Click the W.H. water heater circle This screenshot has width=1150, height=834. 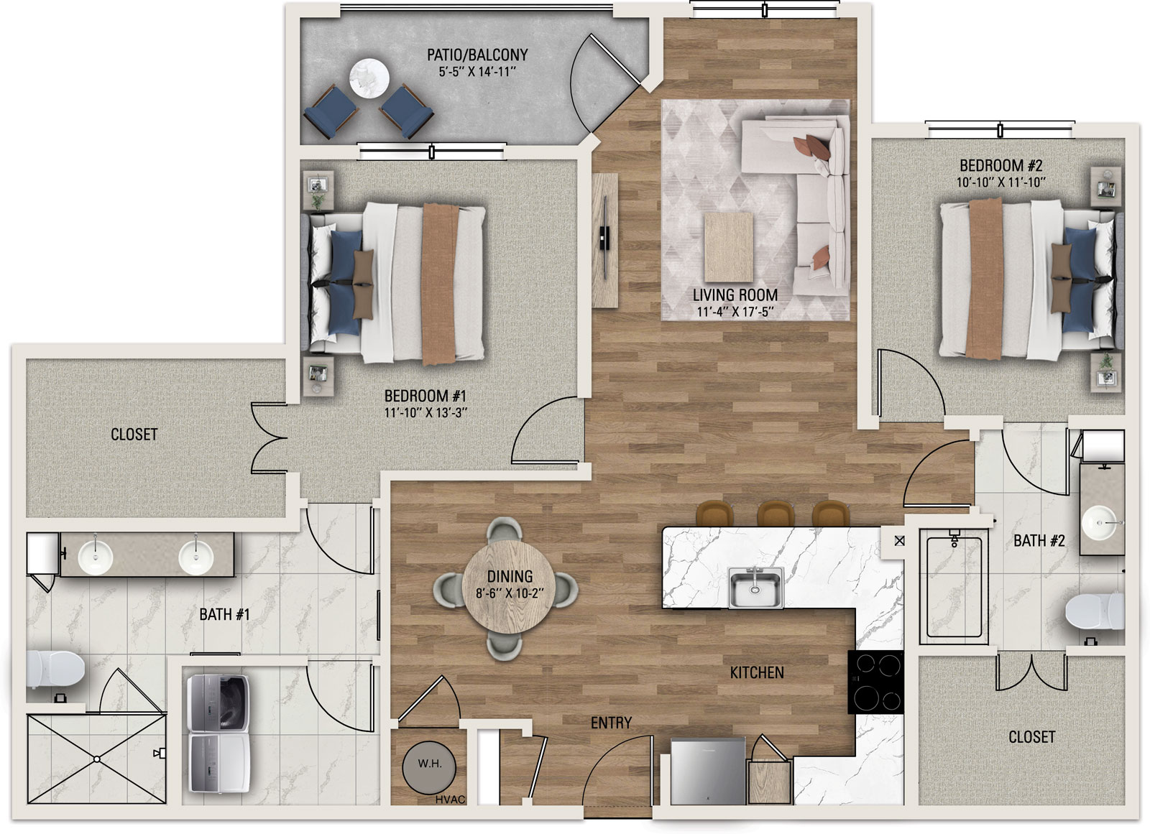click(x=429, y=767)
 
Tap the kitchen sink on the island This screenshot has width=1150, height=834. click(x=755, y=588)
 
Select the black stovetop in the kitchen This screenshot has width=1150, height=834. click(x=875, y=682)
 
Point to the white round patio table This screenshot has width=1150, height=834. click(x=369, y=78)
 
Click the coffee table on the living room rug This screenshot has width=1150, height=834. click(x=729, y=247)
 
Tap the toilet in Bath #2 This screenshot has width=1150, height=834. click(x=1095, y=611)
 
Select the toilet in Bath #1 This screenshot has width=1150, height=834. click(x=55, y=669)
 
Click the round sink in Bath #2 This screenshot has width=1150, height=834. click(x=1099, y=522)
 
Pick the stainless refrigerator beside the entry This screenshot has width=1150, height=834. click(x=708, y=771)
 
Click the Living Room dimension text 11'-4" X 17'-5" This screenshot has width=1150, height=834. click(x=735, y=312)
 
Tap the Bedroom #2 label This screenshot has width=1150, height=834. click(x=1000, y=166)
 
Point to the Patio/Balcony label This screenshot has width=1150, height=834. click(x=477, y=55)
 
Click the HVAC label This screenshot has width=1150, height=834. click(x=450, y=799)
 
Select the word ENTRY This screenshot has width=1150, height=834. click(x=611, y=723)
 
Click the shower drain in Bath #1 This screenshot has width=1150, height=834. click(x=96, y=759)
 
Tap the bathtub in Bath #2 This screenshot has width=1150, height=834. click(x=954, y=586)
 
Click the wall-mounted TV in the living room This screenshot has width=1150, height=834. click(x=605, y=239)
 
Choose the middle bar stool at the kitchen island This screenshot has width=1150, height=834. click(x=776, y=513)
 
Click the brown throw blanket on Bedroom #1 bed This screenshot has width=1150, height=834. click(x=439, y=284)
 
